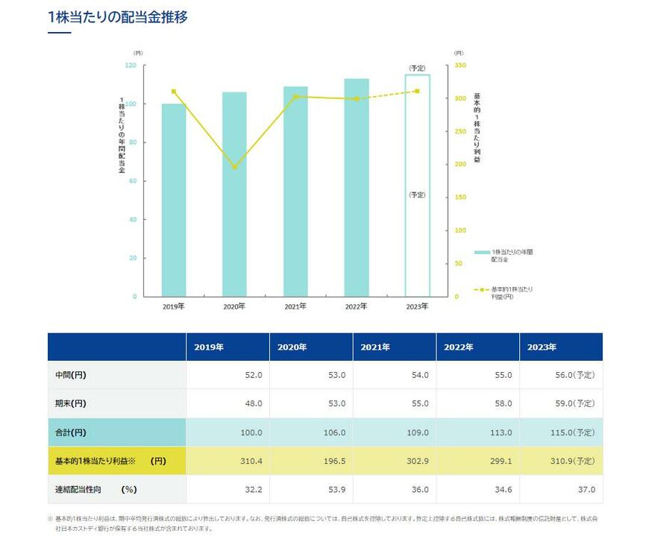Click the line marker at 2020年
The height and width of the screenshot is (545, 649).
[x=234, y=167]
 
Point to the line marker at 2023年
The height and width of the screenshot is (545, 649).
[x=417, y=91]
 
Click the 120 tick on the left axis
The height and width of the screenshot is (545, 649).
[x=131, y=66]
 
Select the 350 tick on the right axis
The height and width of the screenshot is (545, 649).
[x=460, y=66]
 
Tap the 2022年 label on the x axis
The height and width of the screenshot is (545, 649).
[x=356, y=306]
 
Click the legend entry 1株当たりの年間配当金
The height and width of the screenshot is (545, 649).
[x=512, y=256]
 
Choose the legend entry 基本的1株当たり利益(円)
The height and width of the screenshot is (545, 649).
[x=512, y=292]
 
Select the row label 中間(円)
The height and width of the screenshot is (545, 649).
[x=71, y=375]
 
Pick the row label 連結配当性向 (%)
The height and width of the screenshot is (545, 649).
[x=96, y=489]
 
